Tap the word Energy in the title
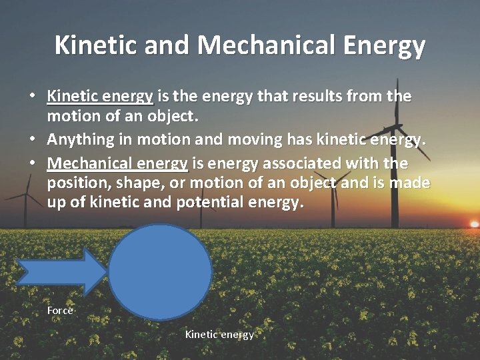[x=389, y=45]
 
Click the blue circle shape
[x=160, y=272]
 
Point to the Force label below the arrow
[x=60, y=311]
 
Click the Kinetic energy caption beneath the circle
[x=219, y=335]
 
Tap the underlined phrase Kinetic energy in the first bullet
[x=100, y=97]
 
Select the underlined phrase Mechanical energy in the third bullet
[x=117, y=163]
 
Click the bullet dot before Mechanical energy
[x=32, y=163]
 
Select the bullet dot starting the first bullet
[x=32, y=96]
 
